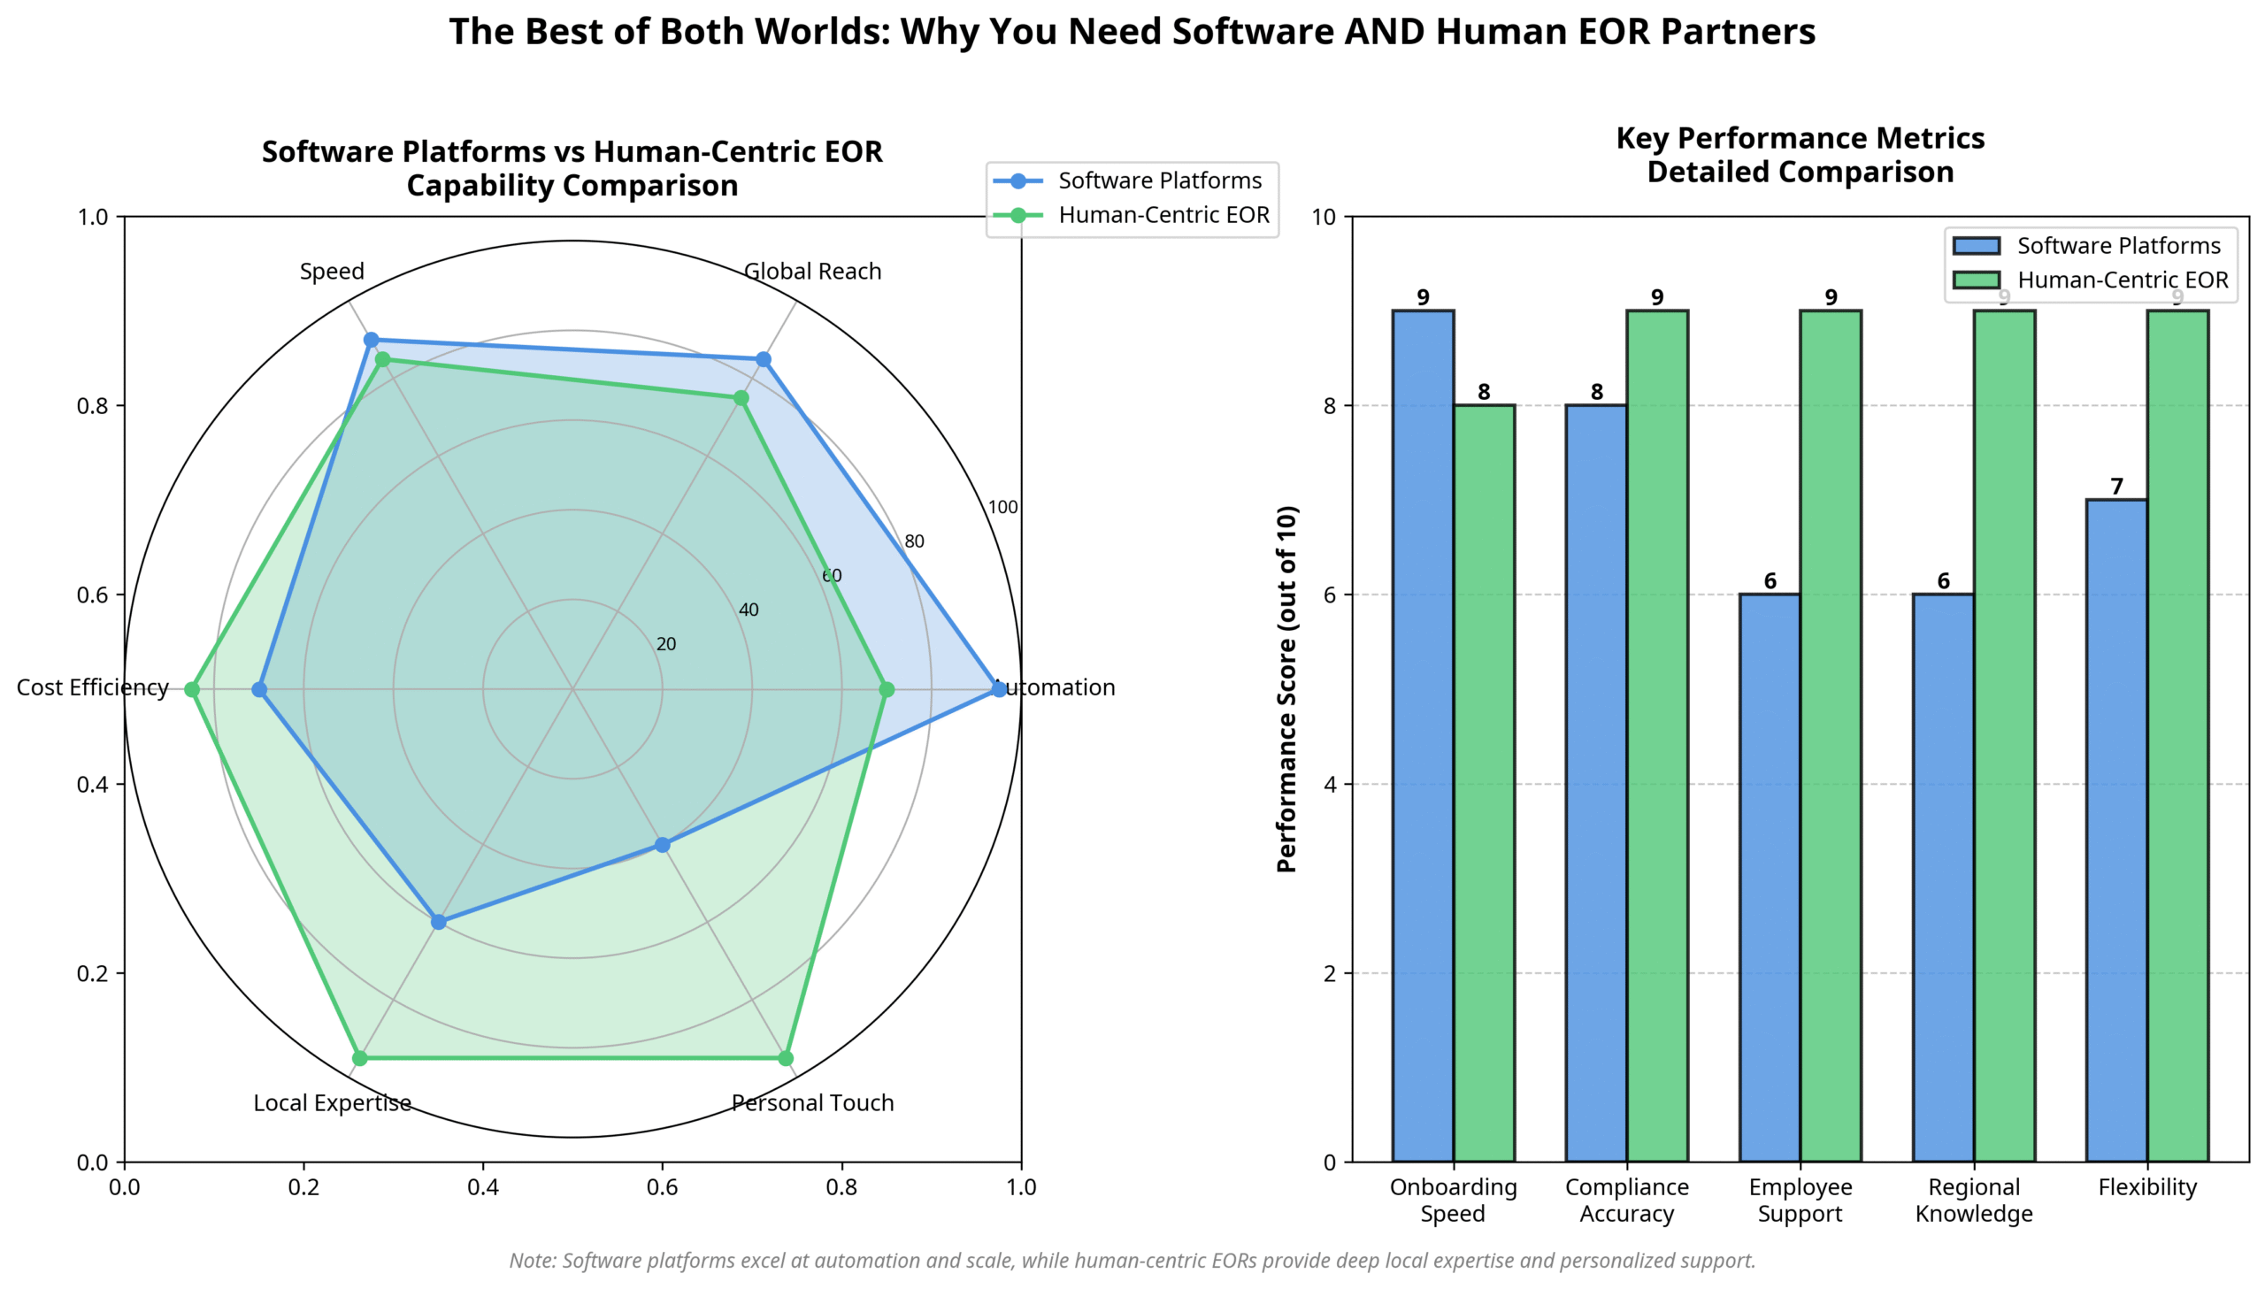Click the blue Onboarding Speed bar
coord(1423,735)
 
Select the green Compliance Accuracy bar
coord(1657,735)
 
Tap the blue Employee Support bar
coord(1770,877)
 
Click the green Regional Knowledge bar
coord(2004,735)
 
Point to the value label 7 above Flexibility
coord(2116,486)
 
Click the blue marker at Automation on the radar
coord(999,689)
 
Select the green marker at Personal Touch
coord(786,1058)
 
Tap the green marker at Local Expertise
coord(359,1058)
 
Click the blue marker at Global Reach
coord(763,359)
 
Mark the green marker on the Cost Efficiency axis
coord(191,689)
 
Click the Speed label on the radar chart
coord(332,271)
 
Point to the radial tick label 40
coord(749,609)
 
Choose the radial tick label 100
coord(1002,506)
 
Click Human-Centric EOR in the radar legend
coord(1163,215)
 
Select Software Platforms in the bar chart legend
coord(2118,245)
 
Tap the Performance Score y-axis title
coord(1287,689)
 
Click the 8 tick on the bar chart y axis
coord(1329,405)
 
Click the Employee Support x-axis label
coord(1800,1200)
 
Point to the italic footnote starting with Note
coord(1131,1260)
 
